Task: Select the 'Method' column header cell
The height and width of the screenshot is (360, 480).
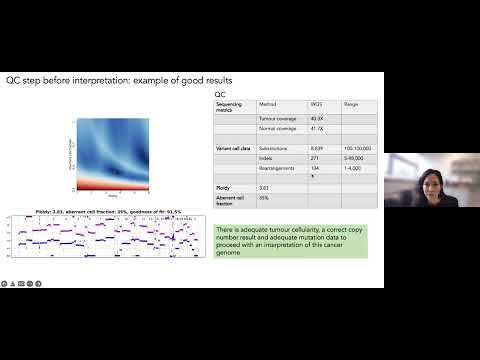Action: pyautogui.click(x=267, y=103)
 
